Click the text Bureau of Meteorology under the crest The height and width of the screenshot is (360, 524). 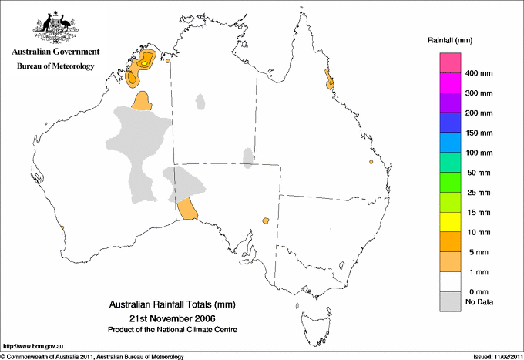point(55,66)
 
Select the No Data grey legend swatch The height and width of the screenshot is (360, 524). point(450,302)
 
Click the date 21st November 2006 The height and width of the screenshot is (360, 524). point(171,318)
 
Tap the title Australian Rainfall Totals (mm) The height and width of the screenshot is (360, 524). point(171,304)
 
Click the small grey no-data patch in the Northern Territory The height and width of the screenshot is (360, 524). point(247,158)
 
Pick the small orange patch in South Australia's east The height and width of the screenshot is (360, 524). point(266,220)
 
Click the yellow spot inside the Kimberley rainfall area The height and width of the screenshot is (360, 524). point(143,65)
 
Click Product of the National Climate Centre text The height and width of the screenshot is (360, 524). point(171,330)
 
